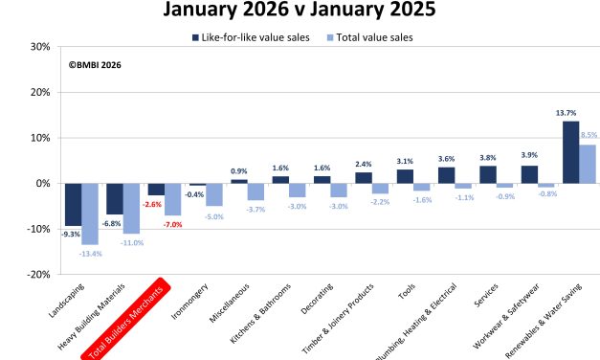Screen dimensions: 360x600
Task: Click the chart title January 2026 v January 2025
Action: pos(300,12)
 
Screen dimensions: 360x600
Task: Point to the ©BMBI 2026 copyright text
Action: pos(95,65)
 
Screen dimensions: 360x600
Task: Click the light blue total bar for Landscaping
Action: pos(90,214)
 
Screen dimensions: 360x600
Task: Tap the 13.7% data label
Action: pos(567,113)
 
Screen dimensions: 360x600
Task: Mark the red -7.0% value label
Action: pos(172,224)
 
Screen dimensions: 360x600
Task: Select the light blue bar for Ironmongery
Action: pos(214,194)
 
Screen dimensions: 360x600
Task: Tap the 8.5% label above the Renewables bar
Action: pos(589,136)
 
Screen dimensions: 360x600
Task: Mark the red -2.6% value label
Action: pos(152,204)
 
